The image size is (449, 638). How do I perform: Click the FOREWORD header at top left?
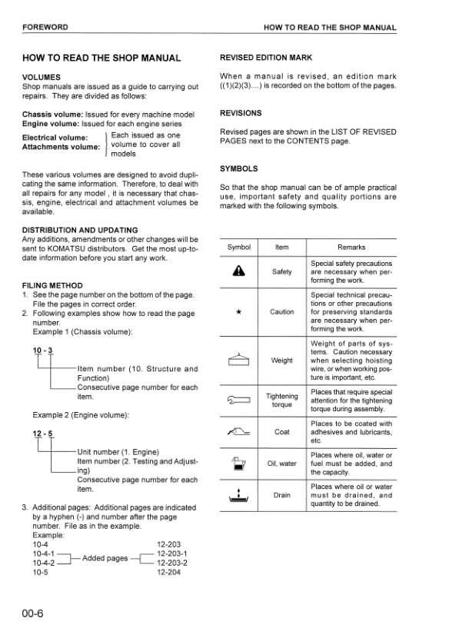[x=45, y=28]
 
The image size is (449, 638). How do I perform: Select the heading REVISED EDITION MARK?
[x=266, y=58]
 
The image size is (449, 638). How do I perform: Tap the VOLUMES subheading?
[x=42, y=78]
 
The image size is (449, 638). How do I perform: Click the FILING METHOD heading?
[x=52, y=285]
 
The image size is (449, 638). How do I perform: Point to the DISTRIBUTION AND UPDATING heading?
[x=80, y=230]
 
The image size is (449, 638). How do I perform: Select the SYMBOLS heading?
[x=238, y=168]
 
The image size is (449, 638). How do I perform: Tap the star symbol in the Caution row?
[x=239, y=313]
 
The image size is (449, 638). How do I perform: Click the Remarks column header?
[x=351, y=248]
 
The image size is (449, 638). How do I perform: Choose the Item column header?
[x=282, y=248]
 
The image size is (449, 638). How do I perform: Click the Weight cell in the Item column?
[x=282, y=361]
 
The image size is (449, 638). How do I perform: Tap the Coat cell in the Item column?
[x=282, y=432]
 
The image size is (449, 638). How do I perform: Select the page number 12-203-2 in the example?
[x=172, y=563]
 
